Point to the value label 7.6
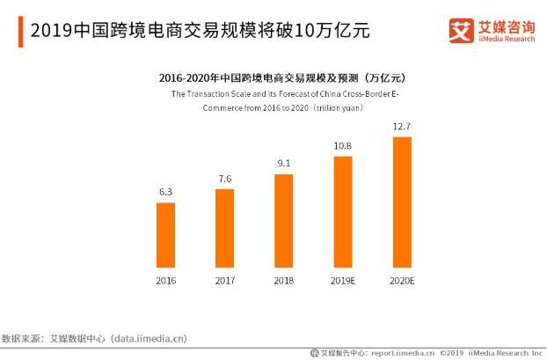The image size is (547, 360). click(x=224, y=180)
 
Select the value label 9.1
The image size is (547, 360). click(x=283, y=165)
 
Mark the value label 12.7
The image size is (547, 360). click(x=401, y=128)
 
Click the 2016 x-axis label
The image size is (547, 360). click(x=165, y=281)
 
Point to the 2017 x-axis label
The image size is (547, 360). click(x=224, y=281)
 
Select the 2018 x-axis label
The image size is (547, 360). click(x=283, y=281)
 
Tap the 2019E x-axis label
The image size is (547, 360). click(x=342, y=281)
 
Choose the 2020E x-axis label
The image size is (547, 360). click(x=401, y=281)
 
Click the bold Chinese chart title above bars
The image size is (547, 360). click(x=281, y=77)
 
